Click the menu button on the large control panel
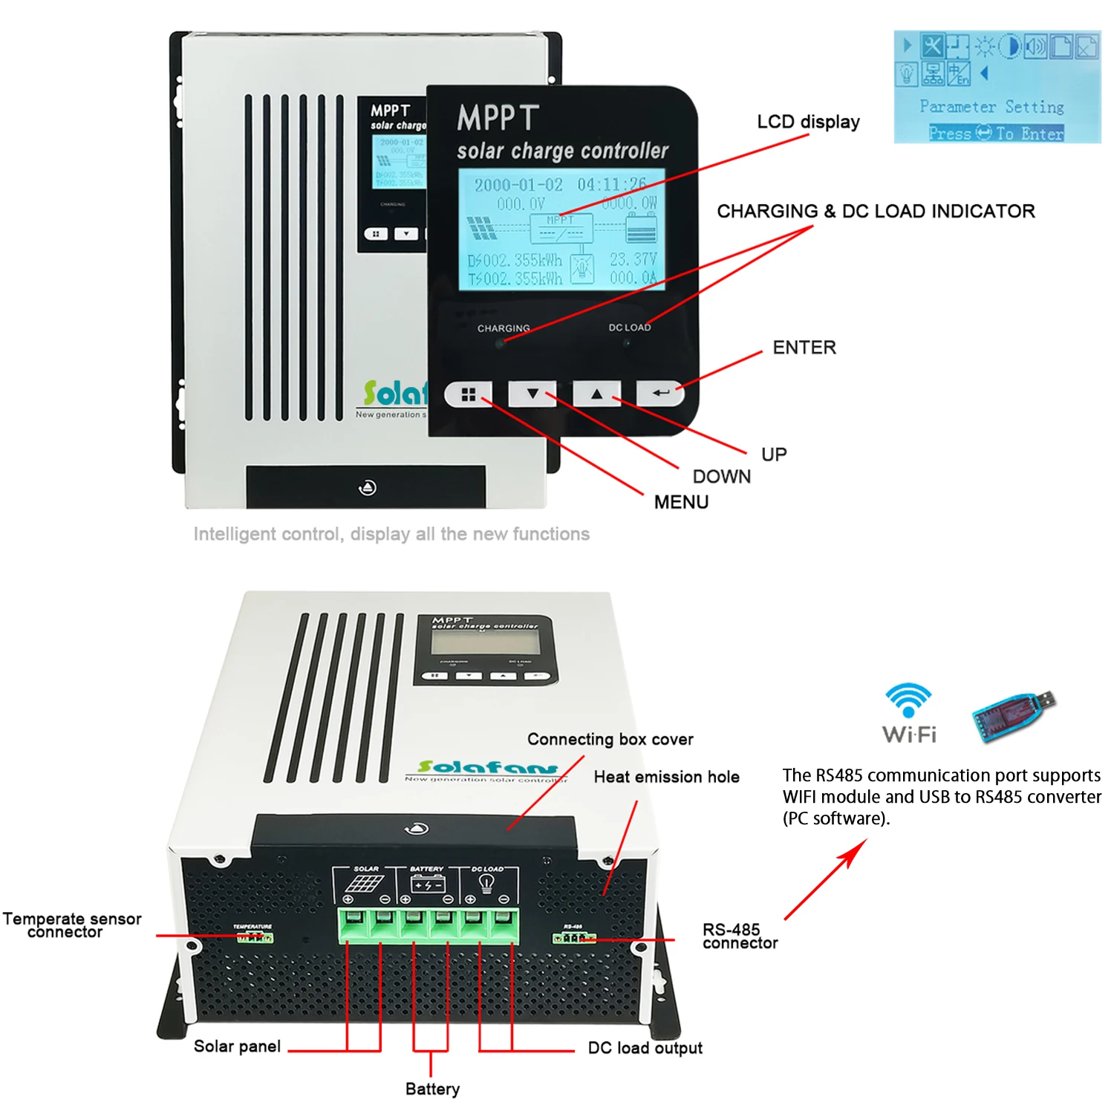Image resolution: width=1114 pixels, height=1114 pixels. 468,394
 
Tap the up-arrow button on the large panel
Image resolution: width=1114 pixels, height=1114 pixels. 596,394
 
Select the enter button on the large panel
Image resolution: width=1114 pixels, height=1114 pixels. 660,393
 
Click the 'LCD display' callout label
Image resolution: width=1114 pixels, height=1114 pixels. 808,122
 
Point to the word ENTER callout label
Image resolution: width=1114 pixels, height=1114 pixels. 804,348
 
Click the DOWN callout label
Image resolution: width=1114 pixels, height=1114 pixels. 721,477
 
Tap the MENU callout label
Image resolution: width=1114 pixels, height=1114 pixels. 681,503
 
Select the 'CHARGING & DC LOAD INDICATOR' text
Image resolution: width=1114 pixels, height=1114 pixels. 876,212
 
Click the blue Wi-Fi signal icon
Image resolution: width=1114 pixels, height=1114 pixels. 908,700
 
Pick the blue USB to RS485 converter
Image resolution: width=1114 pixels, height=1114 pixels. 1013,714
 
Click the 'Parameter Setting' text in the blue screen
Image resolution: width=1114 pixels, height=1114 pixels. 991,107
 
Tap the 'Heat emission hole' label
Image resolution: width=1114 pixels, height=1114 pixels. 666,778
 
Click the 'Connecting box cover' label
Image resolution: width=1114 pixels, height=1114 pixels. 610,740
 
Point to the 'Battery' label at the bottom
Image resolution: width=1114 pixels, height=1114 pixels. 432,1089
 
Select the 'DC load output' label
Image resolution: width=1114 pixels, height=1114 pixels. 645,1048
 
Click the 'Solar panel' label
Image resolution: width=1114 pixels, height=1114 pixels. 237,1046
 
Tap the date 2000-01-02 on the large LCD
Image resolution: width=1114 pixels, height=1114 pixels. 518,185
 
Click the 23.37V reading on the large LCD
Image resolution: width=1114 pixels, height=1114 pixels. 633,259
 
